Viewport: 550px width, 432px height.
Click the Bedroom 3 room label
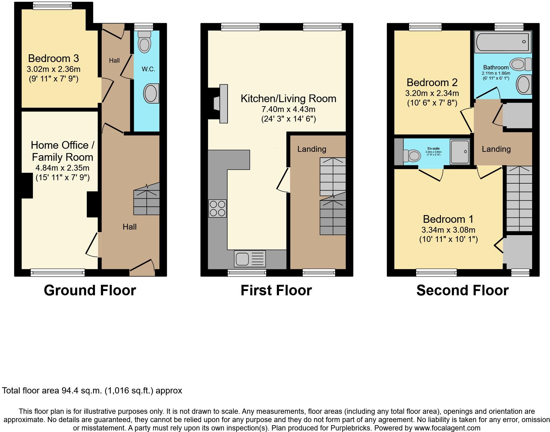tap(53, 58)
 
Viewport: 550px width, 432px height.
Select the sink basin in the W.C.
tap(151, 93)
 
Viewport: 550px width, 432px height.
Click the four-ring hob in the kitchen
tap(217, 209)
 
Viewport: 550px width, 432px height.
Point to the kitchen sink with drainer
tap(250, 259)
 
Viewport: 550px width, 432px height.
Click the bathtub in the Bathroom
tap(503, 42)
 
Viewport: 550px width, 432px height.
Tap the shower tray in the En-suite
tap(460, 152)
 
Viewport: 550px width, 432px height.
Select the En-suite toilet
tap(411, 156)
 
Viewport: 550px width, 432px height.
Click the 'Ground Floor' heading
tap(90, 290)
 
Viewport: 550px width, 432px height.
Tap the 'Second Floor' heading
tap(462, 290)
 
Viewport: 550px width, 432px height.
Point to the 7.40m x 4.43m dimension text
tap(288, 109)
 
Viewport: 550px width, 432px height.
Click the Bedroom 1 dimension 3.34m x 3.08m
tap(448, 230)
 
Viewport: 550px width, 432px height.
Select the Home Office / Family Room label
tap(63, 151)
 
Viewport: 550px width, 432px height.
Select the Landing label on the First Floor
tap(311, 149)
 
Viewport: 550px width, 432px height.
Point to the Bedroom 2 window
tap(425, 27)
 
